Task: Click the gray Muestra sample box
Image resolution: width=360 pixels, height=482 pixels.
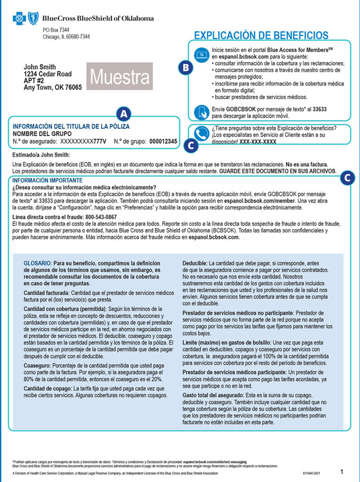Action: pos(120,78)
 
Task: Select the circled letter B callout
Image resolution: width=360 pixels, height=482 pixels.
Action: pos(186,67)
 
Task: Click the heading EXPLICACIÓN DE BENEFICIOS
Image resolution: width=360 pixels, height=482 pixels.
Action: pos(260,35)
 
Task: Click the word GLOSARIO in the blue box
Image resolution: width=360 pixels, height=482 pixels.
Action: pos(37,262)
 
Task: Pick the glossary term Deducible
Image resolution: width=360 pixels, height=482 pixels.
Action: pos(195,262)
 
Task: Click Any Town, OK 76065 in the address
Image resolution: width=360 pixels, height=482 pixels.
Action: pos(53,88)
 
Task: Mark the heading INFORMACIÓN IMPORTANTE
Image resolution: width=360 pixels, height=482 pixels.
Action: pos(47,180)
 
